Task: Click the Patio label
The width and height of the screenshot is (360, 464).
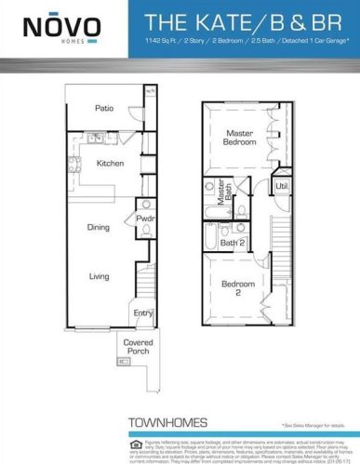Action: pyautogui.click(x=104, y=109)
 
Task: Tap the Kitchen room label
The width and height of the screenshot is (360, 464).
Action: pyautogui.click(x=110, y=163)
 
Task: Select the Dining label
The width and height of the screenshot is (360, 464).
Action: pyautogui.click(x=98, y=227)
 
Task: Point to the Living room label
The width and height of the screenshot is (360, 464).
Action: pyautogui.click(x=99, y=276)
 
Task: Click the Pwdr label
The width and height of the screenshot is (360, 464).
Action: pyautogui.click(x=144, y=220)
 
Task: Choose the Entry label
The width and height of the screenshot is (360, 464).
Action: pyautogui.click(x=142, y=313)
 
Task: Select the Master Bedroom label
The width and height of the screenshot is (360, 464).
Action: pyautogui.click(x=239, y=139)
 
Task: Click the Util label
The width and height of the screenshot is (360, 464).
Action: pyautogui.click(x=282, y=187)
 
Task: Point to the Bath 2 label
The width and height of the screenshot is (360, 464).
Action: pyautogui.click(x=233, y=244)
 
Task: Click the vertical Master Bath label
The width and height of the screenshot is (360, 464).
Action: pyautogui.click(x=223, y=192)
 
